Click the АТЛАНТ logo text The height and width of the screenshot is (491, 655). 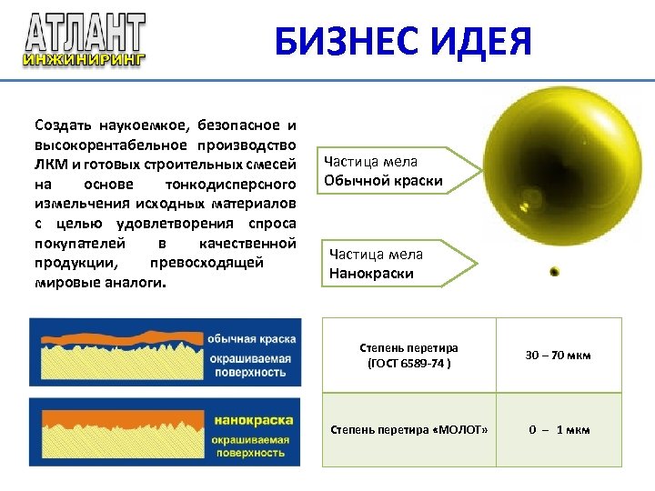coord(85,34)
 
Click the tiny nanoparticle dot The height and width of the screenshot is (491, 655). coord(554,271)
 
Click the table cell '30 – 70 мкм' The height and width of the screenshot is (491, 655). coord(558,355)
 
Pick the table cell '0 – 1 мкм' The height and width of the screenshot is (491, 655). coord(558,429)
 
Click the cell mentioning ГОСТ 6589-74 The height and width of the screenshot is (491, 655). coord(408,355)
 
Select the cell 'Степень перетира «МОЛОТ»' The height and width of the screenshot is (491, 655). coord(408,429)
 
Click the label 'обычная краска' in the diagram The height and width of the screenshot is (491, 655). coord(251,339)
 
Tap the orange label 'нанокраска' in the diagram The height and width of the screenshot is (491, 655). coord(254,420)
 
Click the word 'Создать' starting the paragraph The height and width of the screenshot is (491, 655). coord(62,125)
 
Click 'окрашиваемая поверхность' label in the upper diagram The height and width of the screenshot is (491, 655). coord(251,365)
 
